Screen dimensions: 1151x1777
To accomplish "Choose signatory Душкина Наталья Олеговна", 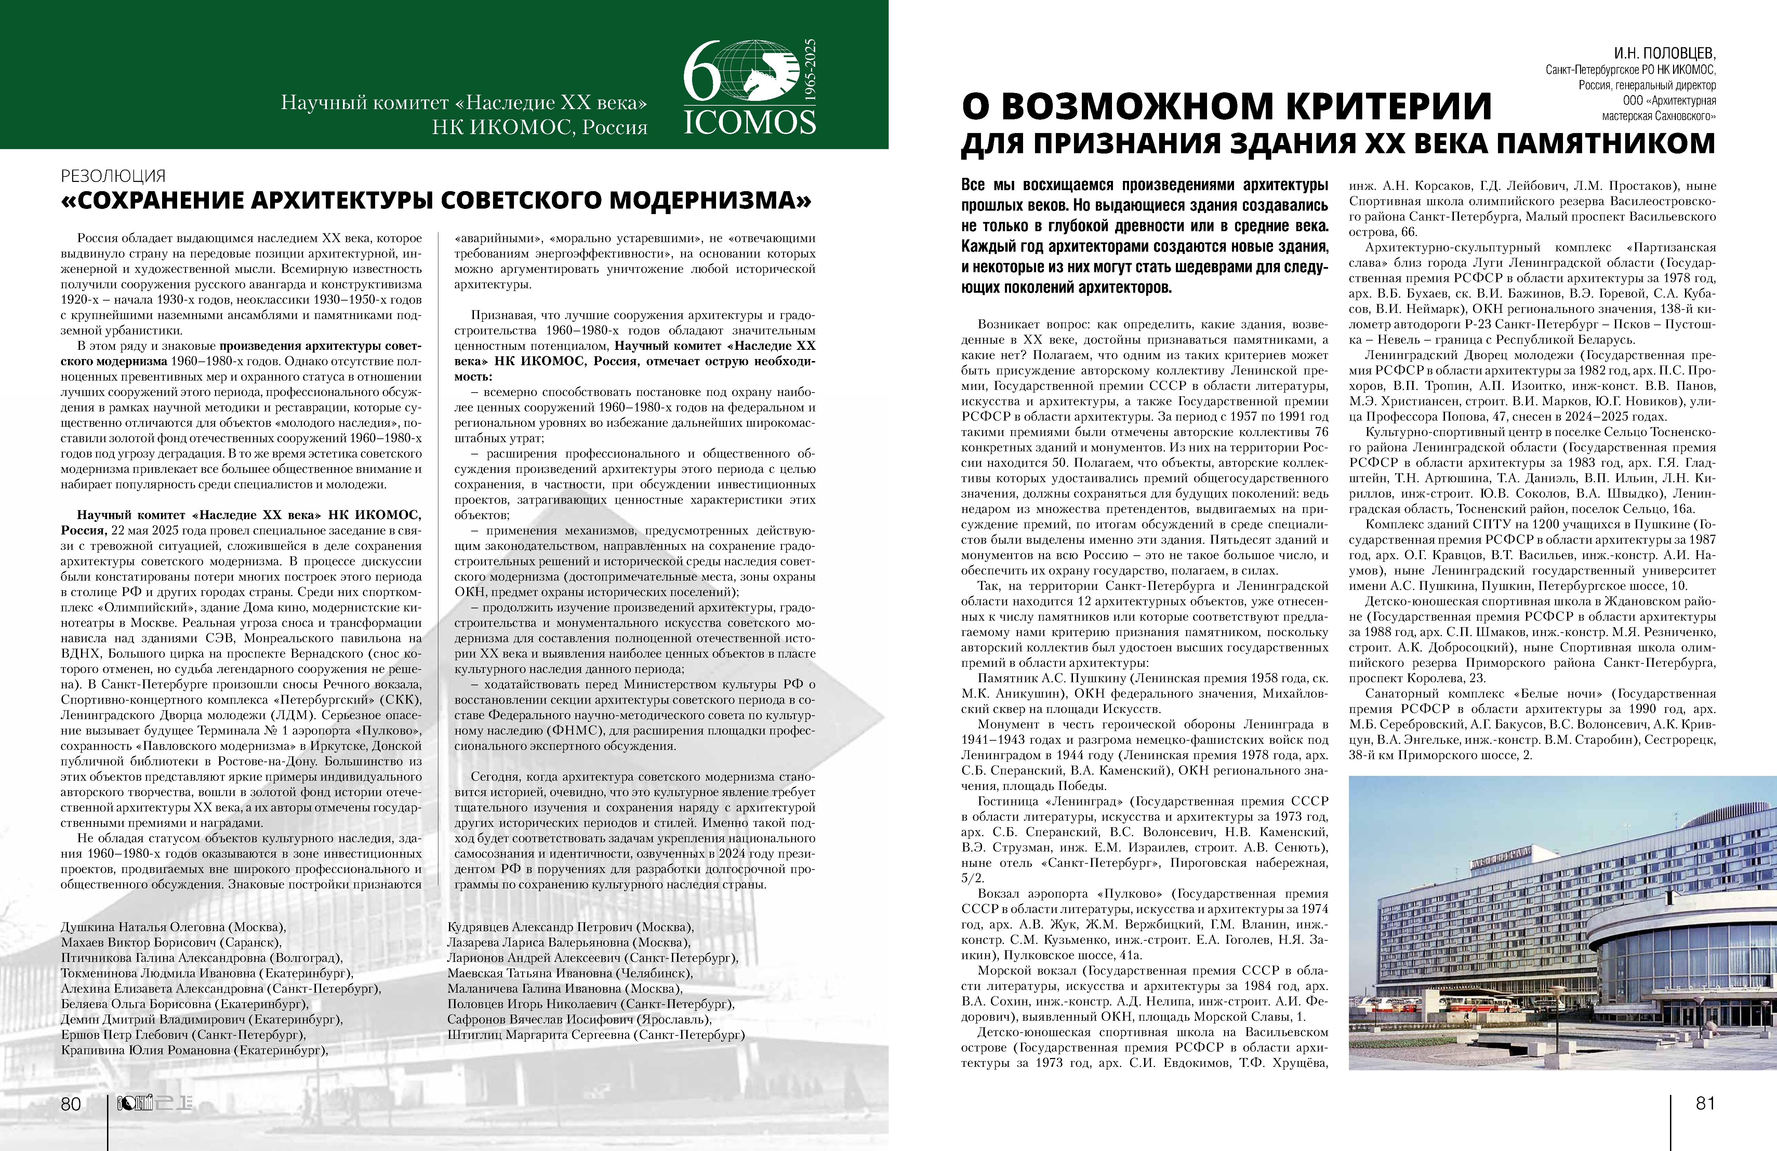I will (x=142, y=927).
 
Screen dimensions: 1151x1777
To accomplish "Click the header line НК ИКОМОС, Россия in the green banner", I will (x=539, y=128).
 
